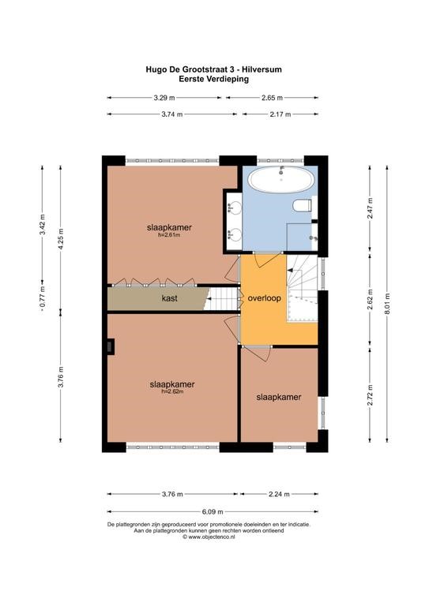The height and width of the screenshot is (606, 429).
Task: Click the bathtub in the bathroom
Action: coord(280,179)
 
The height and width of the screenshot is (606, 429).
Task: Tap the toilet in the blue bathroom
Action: coord(303,205)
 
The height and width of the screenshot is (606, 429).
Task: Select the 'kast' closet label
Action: coord(169,298)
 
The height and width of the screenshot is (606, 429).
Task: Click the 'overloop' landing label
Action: coord(264,298)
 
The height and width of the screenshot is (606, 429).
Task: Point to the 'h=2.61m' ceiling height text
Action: coord(169,234)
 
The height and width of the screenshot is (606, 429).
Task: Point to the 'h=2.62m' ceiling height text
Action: coord(172,391)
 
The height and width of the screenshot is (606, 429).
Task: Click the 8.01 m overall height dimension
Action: coord(387,304)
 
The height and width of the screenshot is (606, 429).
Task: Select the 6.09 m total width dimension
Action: coord(213,511)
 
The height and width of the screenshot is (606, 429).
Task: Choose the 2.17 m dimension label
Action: coord(280,114)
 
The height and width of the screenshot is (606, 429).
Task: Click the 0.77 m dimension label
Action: coord(43,297)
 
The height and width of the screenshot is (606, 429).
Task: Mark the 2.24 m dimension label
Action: coord(279,494)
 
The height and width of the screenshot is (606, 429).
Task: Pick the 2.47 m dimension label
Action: coord(371,208)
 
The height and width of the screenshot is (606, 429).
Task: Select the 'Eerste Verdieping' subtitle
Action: coord(213,79)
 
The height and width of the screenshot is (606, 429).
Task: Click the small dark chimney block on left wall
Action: coord(111,346)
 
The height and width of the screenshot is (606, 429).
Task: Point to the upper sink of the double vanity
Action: coord(234,209)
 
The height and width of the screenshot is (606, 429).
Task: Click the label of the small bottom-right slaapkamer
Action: coord(279,398)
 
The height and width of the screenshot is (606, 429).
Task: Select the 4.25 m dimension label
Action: coord(60,239)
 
